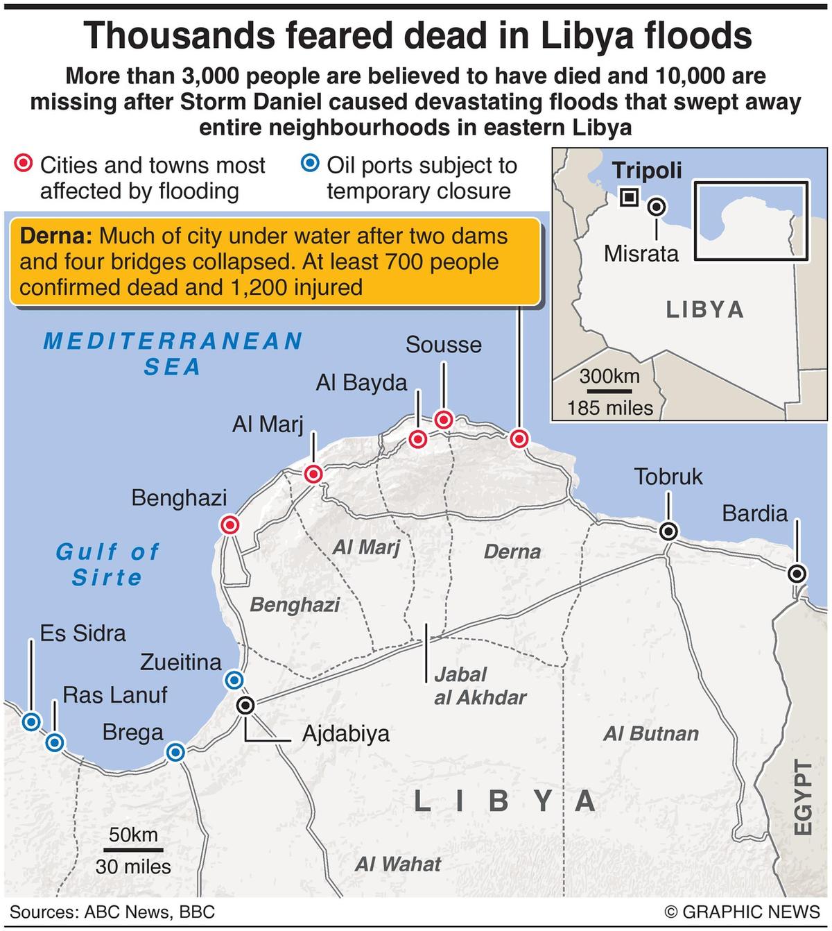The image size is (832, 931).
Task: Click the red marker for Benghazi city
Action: [230, 525]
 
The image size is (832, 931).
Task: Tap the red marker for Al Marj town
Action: [313, 474]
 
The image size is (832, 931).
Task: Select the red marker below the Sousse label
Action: [444, 420]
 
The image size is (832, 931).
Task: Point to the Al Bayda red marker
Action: [417, 439]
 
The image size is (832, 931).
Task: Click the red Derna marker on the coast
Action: [519, 438]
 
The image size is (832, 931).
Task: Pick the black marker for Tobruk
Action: [668, 531]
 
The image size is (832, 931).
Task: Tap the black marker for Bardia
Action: [797, 574]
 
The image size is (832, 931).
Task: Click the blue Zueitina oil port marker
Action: [235, 679]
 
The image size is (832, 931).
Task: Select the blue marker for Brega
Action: [175, 752]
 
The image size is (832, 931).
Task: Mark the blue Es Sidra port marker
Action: [31, 722]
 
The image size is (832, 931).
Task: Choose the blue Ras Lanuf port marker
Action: [55, 743]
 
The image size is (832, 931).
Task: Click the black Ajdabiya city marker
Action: [245, 706]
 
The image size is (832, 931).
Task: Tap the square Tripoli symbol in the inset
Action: [629, 198]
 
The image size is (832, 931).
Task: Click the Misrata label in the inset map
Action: [641, 253]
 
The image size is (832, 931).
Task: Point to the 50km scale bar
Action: [134, 849]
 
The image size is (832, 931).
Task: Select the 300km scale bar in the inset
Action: [609, 391]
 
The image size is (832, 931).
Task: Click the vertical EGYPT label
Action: [802, 798]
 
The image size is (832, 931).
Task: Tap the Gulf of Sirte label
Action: [107, 564]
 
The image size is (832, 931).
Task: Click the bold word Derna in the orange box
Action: [55, 237]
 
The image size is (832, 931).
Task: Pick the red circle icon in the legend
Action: [24, 164]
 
